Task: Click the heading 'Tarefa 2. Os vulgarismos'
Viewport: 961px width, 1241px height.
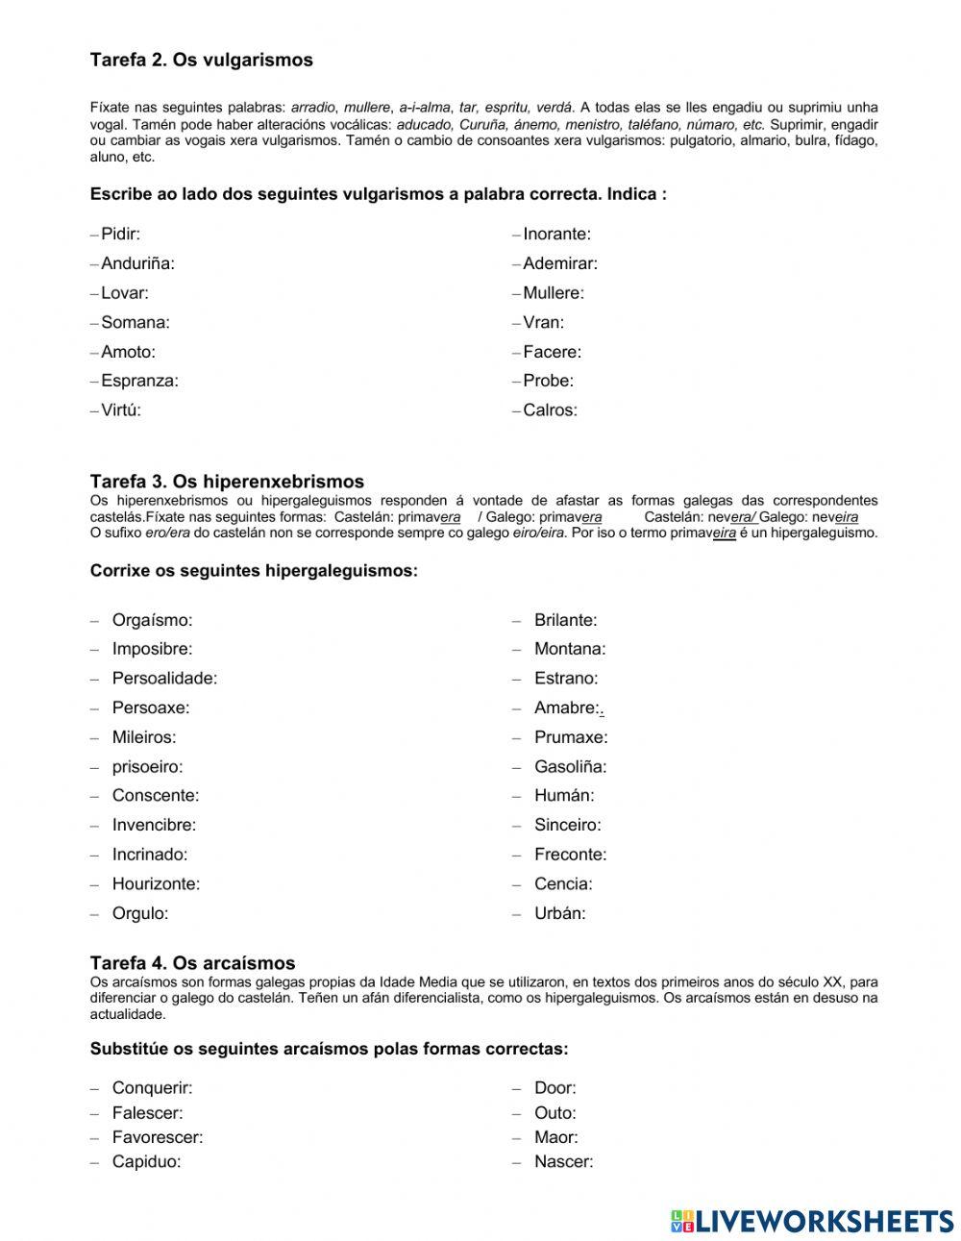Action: (x=201, y=60)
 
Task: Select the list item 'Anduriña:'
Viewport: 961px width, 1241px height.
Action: (x=137, y=263)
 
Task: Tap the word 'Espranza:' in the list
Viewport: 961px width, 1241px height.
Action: (x=139, y=381)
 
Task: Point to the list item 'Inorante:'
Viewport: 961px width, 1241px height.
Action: (x=556, y=234)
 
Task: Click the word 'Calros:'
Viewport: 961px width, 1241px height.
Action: (x=550, y=410)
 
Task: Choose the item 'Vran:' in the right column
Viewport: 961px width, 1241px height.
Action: (x=543, y=322)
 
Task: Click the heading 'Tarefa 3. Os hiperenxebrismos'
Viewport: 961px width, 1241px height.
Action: (x=227, y=482)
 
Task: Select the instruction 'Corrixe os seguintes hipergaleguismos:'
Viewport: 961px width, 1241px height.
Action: (x=254, y=571)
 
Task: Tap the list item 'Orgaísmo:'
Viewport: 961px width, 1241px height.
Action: (x=152, y=620)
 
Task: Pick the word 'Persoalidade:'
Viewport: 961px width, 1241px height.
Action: (x=164, y=679)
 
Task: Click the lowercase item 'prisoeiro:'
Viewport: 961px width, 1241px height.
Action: (x=147, y=767)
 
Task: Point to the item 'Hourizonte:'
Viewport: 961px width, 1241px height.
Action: (x=156, y=884)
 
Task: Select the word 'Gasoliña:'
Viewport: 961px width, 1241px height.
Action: (x=570, y=767)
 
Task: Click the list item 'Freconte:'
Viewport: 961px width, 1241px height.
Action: (x=570, y=855)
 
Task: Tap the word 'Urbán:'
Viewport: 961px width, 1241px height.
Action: (x=559, y=913)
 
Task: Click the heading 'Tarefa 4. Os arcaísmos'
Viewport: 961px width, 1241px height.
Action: (x=192, y=963)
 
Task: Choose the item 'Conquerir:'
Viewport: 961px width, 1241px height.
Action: (x=152, y=1088)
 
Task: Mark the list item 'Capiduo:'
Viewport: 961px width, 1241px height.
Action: (x=146, y=1161)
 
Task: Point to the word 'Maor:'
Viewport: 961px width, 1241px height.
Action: (x=555, y=1137)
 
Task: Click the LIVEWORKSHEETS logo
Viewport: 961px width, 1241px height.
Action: (x=812, y=1221)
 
